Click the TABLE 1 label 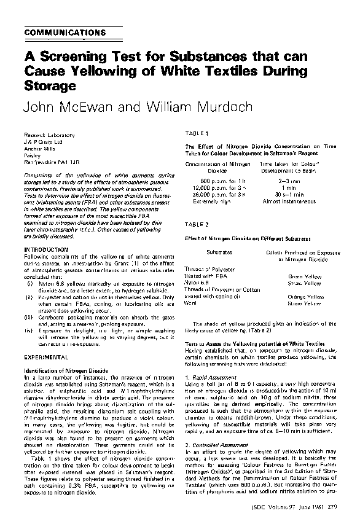coord(198,133)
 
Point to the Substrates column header coord(219,252)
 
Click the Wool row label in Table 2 coord(190,303)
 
